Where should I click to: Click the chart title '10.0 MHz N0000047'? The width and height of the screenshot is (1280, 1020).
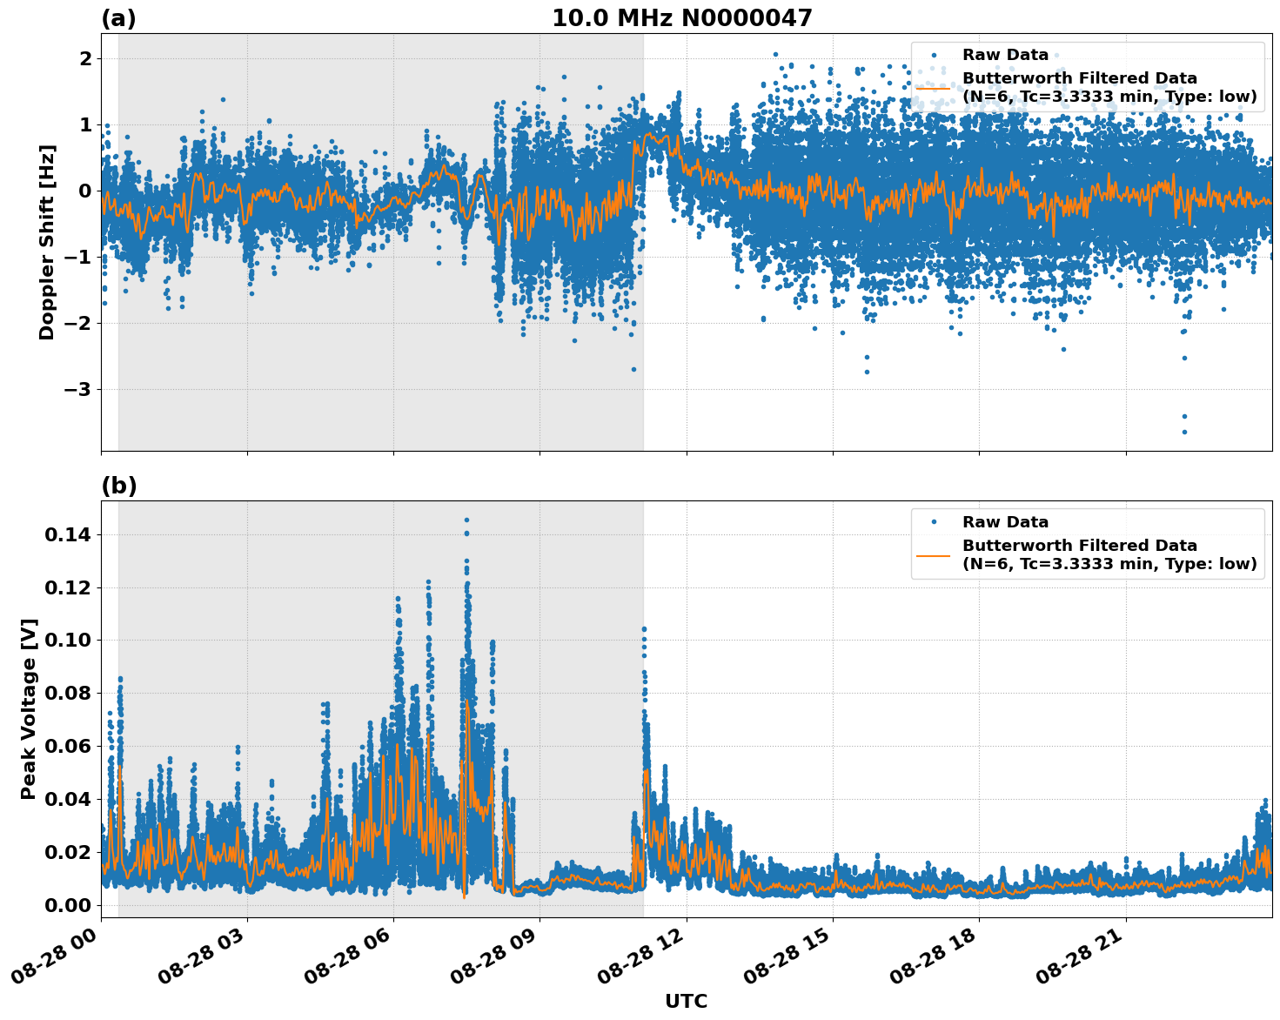pyautogui.click(x=681, y=18)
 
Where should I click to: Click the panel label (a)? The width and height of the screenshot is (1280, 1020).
pyautogui.click(x=118, y=18)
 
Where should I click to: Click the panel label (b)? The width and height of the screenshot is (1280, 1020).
pyautogui.click(x=118, y=486)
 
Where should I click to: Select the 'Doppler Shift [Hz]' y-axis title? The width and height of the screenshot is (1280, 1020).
pyautogui.click(x=47, y=242)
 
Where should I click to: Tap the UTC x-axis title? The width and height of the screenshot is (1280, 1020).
pyautogui.click(x=686, y=1001)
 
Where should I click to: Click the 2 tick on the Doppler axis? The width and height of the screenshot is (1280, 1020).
pyautogui.click(x=85, y=58)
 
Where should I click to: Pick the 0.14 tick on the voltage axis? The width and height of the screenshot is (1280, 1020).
pyautogui.click(x=68, y=534)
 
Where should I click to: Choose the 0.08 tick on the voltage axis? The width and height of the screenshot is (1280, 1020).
pyautogui.click(x=68, y=693)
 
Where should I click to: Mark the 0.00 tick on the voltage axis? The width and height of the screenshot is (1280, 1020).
pyautogui.click(x=68, y=905)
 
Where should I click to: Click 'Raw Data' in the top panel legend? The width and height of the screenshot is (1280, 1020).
pyautogui.click(x=1005, y=55)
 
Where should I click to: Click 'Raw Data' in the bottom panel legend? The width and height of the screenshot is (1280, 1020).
pyautogui.click(x=1005, y=522)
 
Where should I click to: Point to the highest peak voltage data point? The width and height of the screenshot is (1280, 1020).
pyautogui.click(x=466, y=520)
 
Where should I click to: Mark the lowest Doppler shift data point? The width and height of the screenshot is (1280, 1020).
pyautogui.click(x=1184, y=432)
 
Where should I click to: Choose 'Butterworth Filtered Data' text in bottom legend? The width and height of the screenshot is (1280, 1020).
pyautogui.click(x=1079, y=546)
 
